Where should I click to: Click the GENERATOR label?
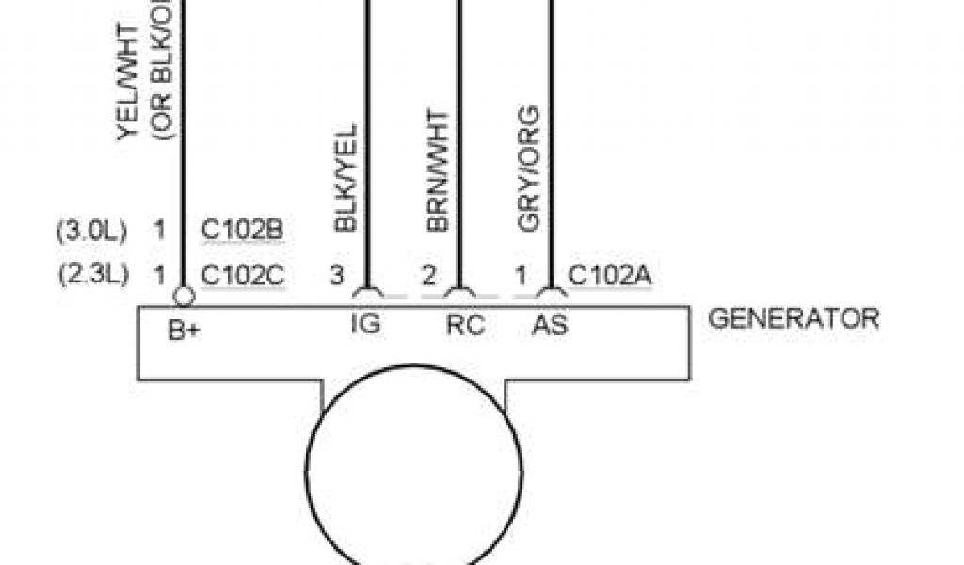pyautogui.click(x=793, y=318)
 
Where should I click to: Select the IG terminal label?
pyautogui.click(x=365, y=325)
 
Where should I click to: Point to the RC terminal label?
pyautogui.click(x=465, y=325)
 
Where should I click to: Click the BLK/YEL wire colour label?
pyautogui.click(x=345, y=179)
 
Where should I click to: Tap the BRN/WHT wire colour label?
pyautogui.click(x=437, y=169)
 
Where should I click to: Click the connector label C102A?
pyautogui.click(x=611, y=276)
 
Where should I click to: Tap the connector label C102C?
pyautogui.click(x=243, y=276)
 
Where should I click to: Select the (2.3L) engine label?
pyautogui.click(x=91, y=276)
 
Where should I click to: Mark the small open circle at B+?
pyautogui.click(x=185, y=297)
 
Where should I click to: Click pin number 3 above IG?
pyautogui.click(x=336, y=276)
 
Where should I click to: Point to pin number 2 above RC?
pyautogui.click(x=428, y=276)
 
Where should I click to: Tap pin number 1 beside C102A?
pyautogui.click(x=520, y=276)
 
